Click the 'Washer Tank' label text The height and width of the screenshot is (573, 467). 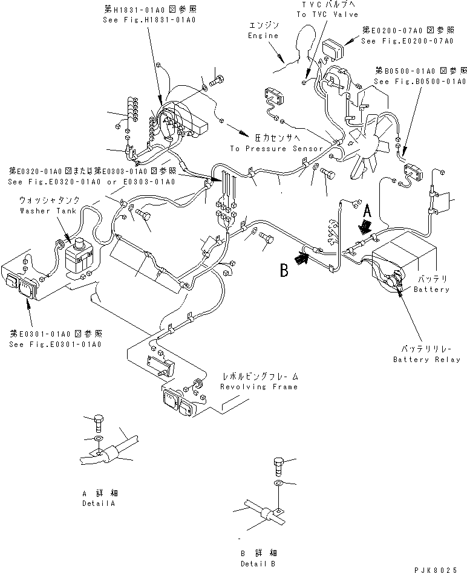tap(40, 211)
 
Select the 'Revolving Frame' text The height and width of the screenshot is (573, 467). tap(259, 387)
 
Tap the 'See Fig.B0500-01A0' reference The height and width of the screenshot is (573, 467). tap(420, 81)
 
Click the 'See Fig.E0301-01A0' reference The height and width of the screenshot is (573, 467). tap(55, 344)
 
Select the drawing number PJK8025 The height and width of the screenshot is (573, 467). tap(440, 568)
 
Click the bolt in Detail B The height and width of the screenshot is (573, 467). tap(278, 467)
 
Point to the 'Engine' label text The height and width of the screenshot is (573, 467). tap(264, 36)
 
